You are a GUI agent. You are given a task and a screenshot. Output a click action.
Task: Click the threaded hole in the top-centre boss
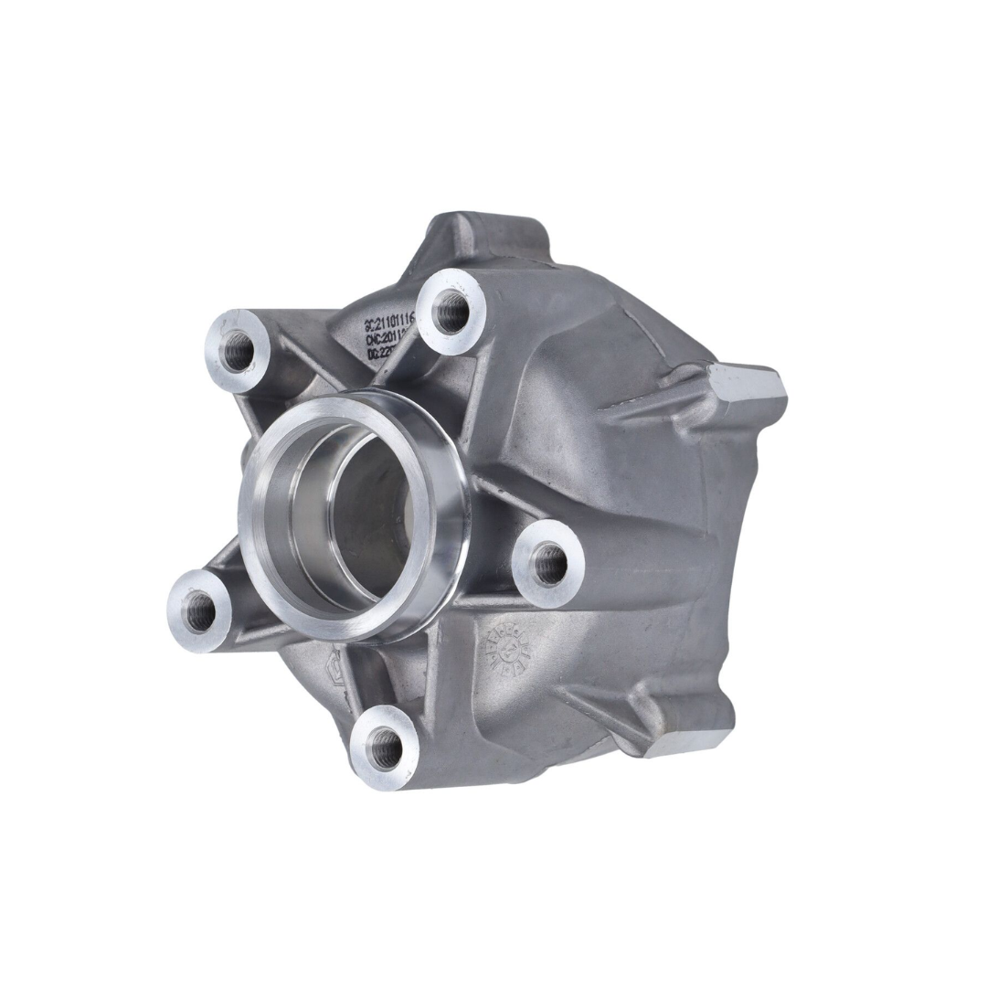pyautogui.click(x=451, y=313)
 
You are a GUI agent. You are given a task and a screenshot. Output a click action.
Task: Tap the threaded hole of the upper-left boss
pyautogui.click(x=237, y=350)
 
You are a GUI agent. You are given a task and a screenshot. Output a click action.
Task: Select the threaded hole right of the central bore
pyautogui.click(x=549, y=564)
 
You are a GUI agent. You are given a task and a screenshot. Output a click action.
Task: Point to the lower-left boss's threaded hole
pyautogui.click(x=198, y=610)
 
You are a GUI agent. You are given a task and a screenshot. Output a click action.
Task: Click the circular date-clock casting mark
pyautogui.click(x=505, y=650)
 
